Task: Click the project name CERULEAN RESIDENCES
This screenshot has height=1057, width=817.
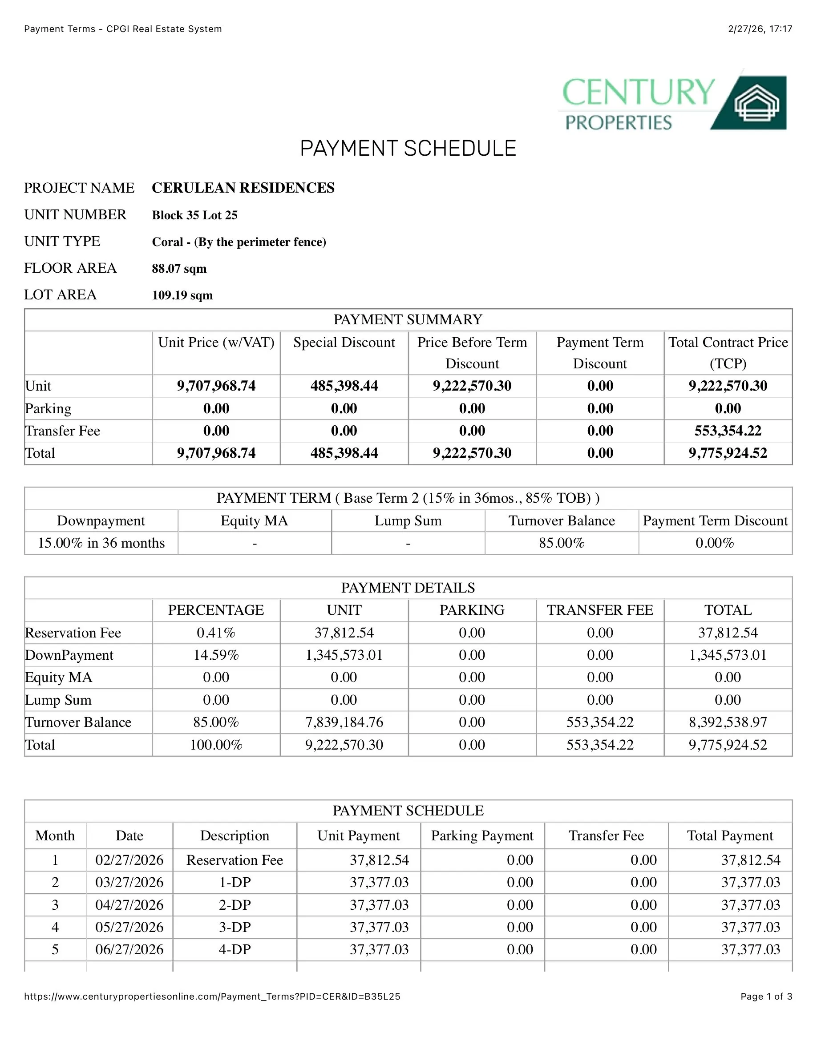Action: [x=243, y=188]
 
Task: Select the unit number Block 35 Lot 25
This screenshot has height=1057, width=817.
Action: [x=194, y=215]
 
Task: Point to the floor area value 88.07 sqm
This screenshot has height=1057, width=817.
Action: [x=179, y=269]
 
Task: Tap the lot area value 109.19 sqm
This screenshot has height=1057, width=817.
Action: [x=182, y=295]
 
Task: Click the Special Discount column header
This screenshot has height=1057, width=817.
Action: [x=344, y=343]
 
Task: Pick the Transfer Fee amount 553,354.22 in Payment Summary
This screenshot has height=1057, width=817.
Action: [x=728, y=431]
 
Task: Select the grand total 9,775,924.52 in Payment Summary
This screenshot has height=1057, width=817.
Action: [x=728, y=453]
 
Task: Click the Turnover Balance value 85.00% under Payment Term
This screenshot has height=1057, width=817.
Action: [x=562, y=543]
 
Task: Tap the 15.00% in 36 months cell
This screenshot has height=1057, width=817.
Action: [x=101, y=543]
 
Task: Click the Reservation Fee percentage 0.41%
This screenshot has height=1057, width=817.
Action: [x=216, y=633]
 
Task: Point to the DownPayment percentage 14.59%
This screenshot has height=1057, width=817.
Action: [x=216, y=655]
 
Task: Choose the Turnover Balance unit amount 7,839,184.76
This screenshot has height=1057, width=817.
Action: [x=344, y=722]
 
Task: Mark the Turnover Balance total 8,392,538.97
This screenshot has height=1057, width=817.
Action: [x=728, y=722]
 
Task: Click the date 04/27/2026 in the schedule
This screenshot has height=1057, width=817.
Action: [x=129, y=904]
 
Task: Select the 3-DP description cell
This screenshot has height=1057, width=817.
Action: [x=235, y=927]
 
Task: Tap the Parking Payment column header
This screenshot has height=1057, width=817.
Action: [x=482, y=835]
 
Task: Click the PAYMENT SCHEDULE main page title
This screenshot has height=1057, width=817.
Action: [x=408, y=148]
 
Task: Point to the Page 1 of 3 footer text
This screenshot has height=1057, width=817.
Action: [x=766, y=996]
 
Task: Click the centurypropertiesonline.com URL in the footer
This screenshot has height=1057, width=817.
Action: [x=212, y=996]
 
